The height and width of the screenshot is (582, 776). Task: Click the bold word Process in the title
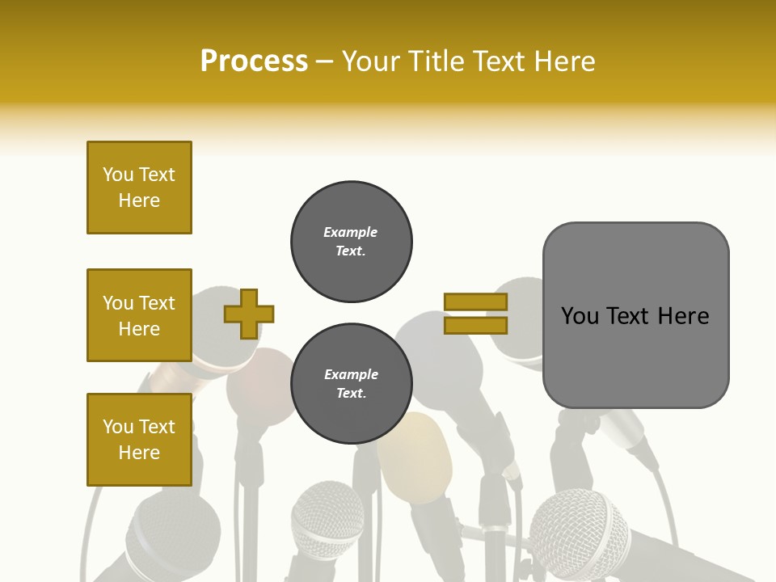[x=254, y=61]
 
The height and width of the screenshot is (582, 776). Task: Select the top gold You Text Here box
[x=139, y=188]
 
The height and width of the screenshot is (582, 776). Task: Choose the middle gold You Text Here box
[x=139, y=315]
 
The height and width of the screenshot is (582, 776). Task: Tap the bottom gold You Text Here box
[x=139, y=440]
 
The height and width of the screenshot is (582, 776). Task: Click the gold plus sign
[x=249, y=314]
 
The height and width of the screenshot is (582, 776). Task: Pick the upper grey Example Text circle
[x=351, y=242]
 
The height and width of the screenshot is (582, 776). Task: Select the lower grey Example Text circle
[x=351, y=384]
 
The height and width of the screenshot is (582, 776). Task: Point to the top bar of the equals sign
[x=475, y=302]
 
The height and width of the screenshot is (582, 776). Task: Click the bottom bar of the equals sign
[x=475, y=325]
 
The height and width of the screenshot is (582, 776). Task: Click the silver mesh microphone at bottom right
[x=580, y=533]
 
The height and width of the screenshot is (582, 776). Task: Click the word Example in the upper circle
[x=351, y=233]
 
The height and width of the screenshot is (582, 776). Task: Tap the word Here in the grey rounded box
[x=683, y=316]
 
